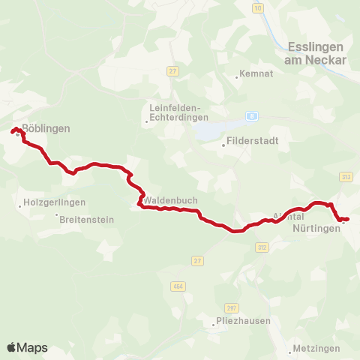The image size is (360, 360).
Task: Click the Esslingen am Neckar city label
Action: pos(316,52)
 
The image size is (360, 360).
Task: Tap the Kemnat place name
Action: pos(250,74)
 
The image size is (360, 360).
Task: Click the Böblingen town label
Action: pos(46,128)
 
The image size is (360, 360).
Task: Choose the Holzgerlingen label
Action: pos(55,202)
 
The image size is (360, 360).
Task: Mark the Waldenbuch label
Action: pos(170,202)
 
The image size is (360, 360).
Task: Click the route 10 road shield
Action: pos(258,8)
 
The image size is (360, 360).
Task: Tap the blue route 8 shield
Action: pos(253,116)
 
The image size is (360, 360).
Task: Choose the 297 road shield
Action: pos(231,307)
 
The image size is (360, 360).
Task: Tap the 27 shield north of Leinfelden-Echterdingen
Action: pos(173,70)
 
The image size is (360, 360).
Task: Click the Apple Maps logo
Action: pos(27,347)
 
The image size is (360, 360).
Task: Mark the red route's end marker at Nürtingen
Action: pos(343,220)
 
